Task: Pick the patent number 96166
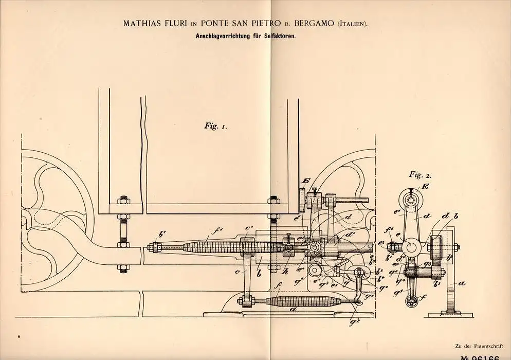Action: [486, 355]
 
